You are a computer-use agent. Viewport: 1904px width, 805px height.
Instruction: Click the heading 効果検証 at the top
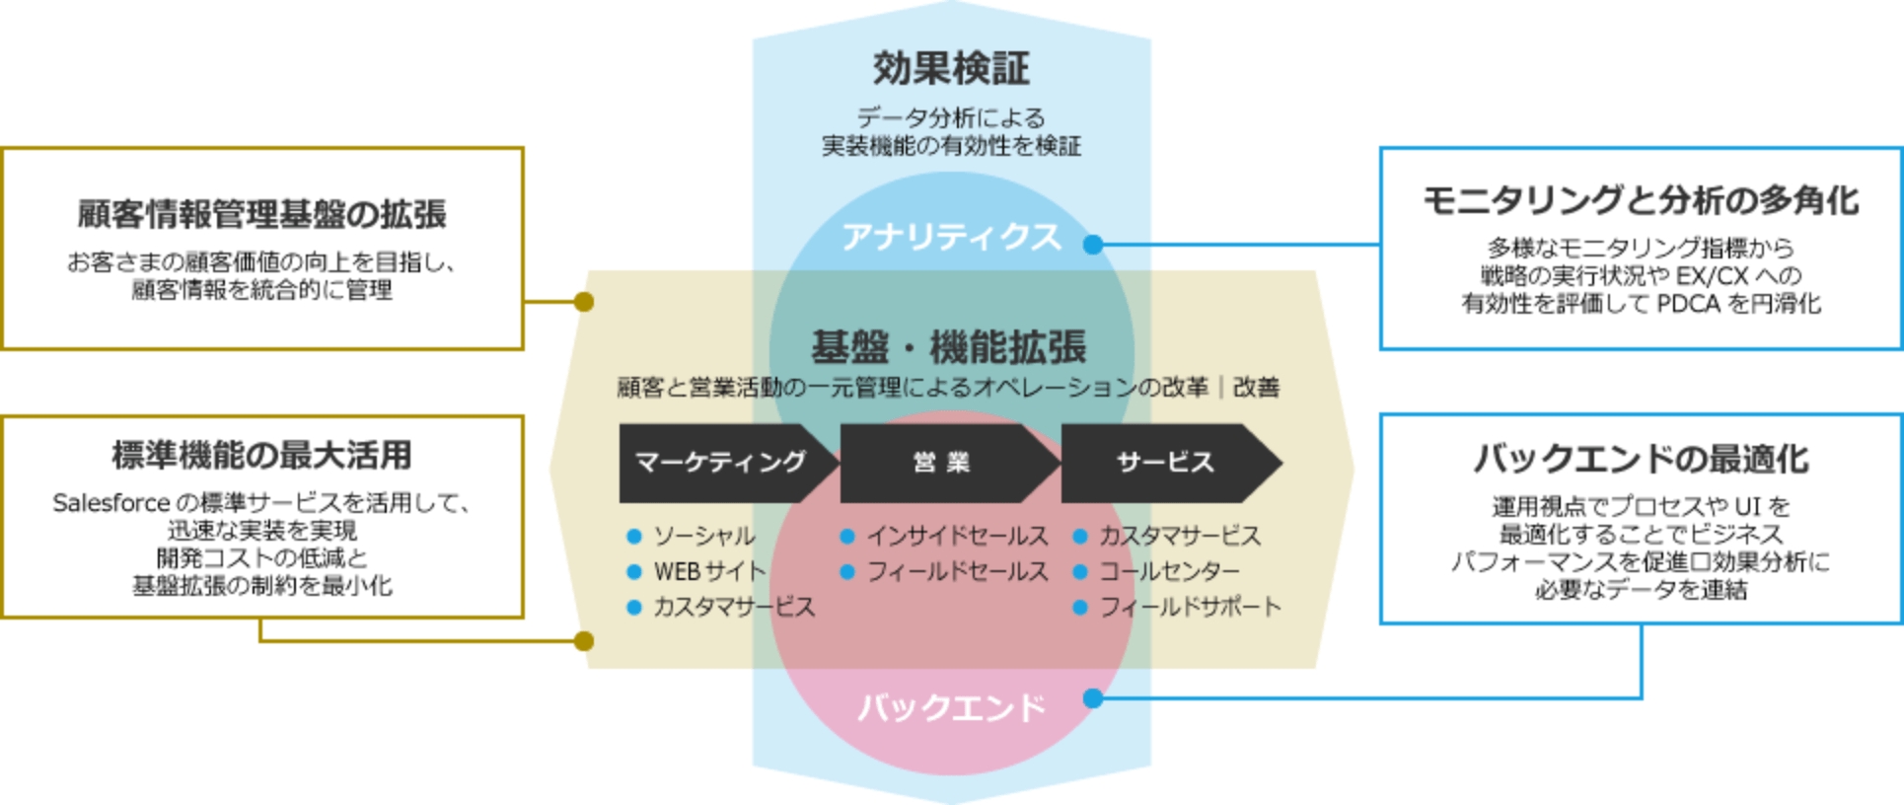951,68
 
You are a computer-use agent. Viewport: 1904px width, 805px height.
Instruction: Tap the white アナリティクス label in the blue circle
951,237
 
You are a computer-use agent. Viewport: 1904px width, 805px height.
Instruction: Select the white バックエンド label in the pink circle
951,707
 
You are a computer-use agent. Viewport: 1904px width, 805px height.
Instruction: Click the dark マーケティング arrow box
720,463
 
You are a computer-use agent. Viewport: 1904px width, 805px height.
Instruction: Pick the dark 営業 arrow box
942,463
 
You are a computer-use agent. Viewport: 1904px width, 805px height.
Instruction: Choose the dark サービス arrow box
1164,463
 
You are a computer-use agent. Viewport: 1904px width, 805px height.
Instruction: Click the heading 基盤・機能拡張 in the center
948,347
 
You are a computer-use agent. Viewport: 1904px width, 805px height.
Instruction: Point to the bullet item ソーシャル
704,537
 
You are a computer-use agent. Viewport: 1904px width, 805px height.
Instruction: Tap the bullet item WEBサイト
709,572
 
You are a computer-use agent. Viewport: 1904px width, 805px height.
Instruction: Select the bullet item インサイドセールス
957,537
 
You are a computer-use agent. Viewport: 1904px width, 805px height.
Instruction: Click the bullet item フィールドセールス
957,572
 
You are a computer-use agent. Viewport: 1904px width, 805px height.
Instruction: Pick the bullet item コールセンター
1169,572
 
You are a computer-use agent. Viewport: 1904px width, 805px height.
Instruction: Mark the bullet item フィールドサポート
1190,608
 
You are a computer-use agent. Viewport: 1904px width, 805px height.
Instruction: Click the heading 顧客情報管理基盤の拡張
261,214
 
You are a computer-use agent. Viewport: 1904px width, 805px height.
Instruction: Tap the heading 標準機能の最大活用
261,456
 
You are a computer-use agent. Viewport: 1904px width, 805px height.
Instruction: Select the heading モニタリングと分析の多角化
1641,201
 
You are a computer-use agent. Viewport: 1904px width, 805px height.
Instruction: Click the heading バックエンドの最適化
1641,460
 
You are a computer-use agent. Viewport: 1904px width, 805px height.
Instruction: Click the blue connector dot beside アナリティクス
1093,245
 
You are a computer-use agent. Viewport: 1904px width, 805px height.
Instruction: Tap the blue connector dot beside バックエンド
1093,698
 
